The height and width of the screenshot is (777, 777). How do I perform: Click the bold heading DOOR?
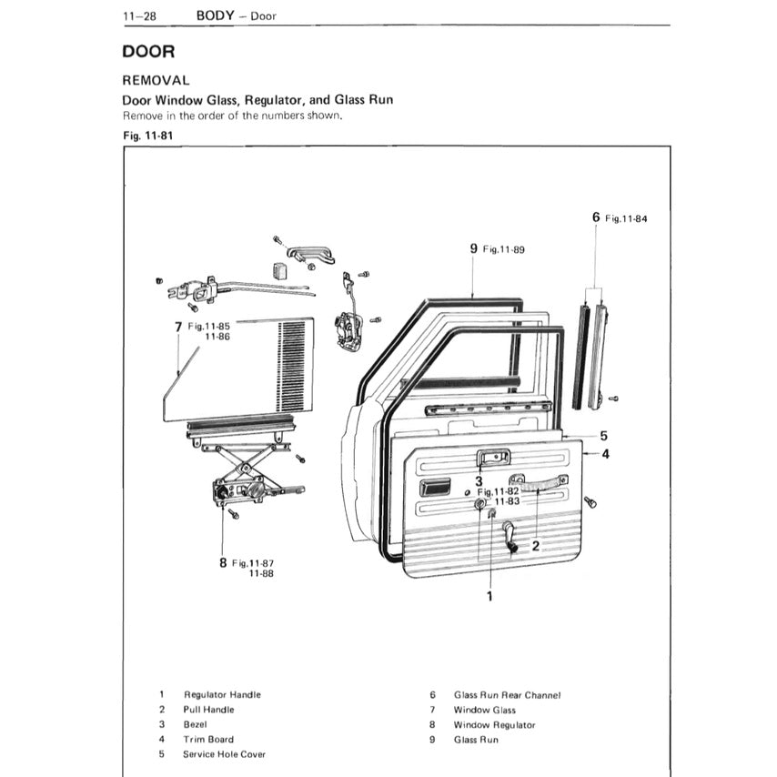155,52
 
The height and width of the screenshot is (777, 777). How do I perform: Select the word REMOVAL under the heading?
162,80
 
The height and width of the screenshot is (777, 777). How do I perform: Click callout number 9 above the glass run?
474,247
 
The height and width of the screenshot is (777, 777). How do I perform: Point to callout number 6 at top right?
596,217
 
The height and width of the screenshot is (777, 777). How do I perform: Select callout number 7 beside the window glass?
178,327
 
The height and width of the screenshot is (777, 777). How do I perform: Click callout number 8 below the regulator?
223,563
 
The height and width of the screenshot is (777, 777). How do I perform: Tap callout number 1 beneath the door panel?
489,596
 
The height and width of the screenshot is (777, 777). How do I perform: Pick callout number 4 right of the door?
605,453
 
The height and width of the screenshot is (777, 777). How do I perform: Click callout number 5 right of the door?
603,436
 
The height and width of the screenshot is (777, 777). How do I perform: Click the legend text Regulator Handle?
222,695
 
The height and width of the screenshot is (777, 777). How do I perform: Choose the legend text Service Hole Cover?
224,754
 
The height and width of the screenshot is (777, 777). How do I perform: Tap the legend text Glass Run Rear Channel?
507,695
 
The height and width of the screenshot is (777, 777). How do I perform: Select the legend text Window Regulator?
494,725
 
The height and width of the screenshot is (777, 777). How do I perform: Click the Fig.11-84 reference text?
627,218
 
